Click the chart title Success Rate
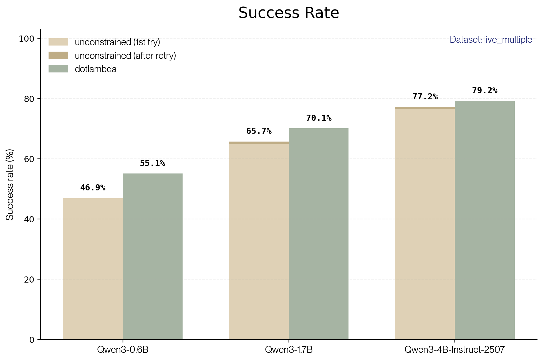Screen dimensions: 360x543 click(x=289, y=13)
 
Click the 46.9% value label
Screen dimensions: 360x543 click(x=93, y=188)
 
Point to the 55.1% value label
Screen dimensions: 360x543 click(x=152, y=163)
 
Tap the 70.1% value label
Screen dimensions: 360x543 click(x=319, y=118)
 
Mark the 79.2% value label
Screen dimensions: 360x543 click(x=484, y=91)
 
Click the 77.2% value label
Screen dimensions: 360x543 click(x=425, y=97)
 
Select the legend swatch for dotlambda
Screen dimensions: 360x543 click(x=58, y=69)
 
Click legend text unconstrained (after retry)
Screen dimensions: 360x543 click(x=125, y=56)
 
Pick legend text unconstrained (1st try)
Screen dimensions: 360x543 click(x=117, y=42)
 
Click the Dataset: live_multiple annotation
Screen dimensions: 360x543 click(x=491, y=40)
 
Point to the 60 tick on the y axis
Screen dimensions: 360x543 click(x=29, y=159)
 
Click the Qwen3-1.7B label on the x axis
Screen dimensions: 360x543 click(x=289, y=349)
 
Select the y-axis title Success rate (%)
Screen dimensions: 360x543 click(x=10, y=185)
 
